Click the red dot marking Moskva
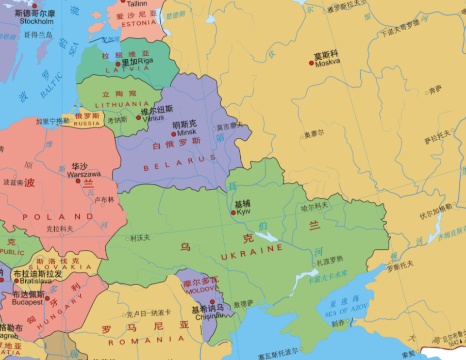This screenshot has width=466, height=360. pos(312,63)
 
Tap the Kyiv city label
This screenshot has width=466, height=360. pos(244,213)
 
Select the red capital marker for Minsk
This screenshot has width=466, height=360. pos(174,134)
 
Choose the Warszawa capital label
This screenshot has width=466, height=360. pos(84,174)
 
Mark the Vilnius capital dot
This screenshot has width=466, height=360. pos(138,117)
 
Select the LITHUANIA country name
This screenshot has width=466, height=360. pos(122,104)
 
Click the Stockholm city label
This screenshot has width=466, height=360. pos(36,21)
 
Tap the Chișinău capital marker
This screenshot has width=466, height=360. pos(212,302)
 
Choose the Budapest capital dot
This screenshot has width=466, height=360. pos(47,298)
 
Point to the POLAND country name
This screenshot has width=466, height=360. pos(58,217)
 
